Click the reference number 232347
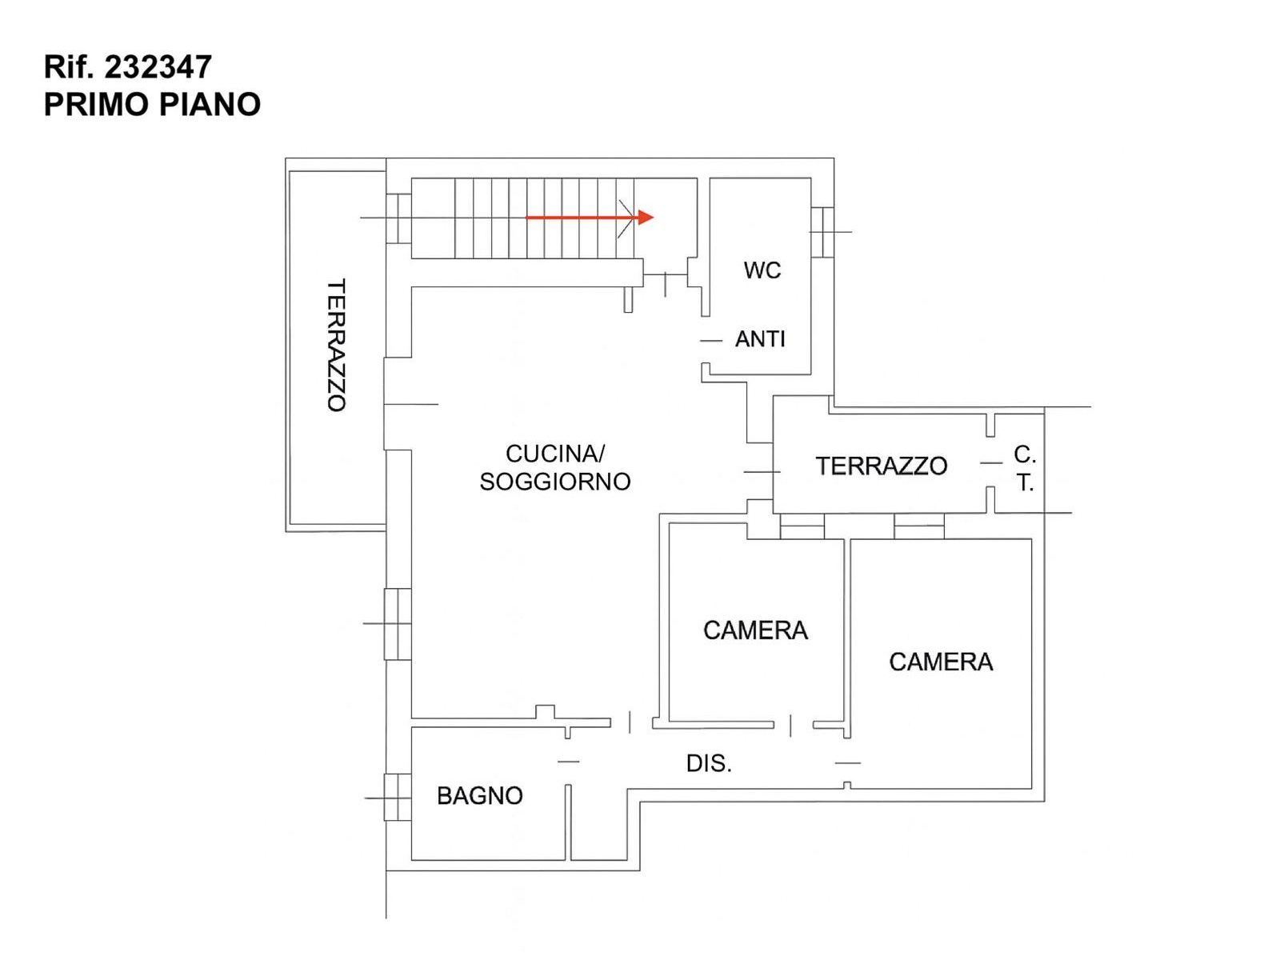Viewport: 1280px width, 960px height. point(158,67)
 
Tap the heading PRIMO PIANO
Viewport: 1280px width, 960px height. point(152,105)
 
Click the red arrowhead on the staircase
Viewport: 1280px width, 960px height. point(645,218)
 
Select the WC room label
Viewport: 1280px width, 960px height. point(762,270)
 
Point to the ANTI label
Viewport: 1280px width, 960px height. point(760,339)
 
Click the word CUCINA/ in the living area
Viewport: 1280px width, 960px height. point(555,454)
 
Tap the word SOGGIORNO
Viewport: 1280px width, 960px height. point(555,482)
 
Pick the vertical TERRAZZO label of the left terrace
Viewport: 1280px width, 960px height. point(337,345)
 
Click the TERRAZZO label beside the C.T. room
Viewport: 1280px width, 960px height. point(881,466)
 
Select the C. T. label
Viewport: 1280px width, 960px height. point(1025,469)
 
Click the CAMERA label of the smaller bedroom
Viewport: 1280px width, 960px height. point(755,630)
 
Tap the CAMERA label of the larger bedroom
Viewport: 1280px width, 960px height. point(941,662)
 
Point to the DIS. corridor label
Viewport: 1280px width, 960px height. point(709,763)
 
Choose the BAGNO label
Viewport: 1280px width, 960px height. point(479,796)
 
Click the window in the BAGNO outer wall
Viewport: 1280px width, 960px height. point(398,798)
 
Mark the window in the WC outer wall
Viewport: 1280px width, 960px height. point(822,232)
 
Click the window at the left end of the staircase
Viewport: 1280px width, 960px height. point(399,218)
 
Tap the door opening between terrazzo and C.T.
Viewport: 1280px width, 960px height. point(990,463)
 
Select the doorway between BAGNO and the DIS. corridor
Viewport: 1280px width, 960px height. point(568,762)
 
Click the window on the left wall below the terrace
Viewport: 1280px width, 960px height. point(398,624)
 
